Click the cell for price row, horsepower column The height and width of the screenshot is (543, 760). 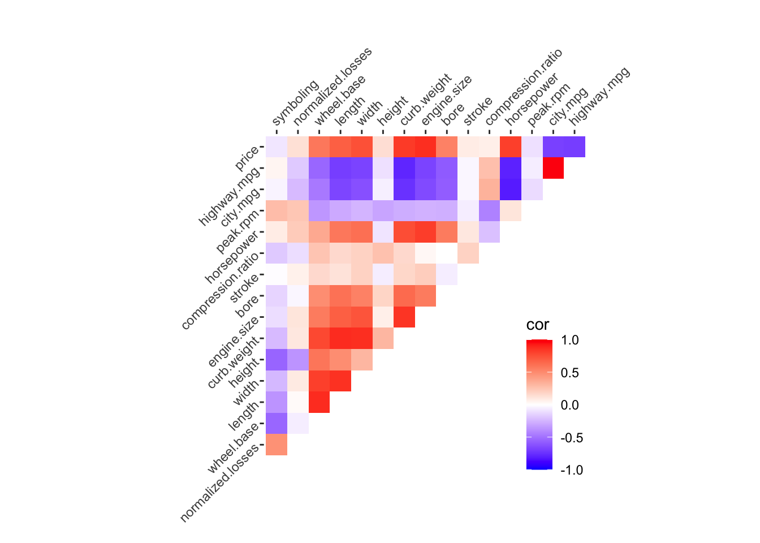(x=511, y=146)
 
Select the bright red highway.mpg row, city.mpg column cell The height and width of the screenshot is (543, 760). (x=553, y=168)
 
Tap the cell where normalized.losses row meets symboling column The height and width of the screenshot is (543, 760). (x=277, y=445)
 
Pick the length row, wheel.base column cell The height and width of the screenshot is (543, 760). (x=319, y=402)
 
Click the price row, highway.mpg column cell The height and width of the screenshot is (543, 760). (x=575, y=146)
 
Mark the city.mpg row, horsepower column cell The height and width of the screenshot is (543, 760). (x=511, y=189)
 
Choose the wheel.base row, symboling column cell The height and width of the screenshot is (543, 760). (x=277, y=423)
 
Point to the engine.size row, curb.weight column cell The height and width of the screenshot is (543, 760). (x=404, y=317)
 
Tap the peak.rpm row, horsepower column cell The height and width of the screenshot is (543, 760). (x=511, y=210)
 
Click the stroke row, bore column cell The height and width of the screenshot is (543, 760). (x=447, y=274)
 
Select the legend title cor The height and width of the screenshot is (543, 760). (x=537, y=325)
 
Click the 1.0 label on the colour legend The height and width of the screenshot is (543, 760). (x=569, y=340)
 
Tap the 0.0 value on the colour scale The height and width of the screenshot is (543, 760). (x=569, y=405)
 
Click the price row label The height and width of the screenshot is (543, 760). (x=247, y=158)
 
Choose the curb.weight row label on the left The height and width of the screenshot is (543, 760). (x=234, y=362)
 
